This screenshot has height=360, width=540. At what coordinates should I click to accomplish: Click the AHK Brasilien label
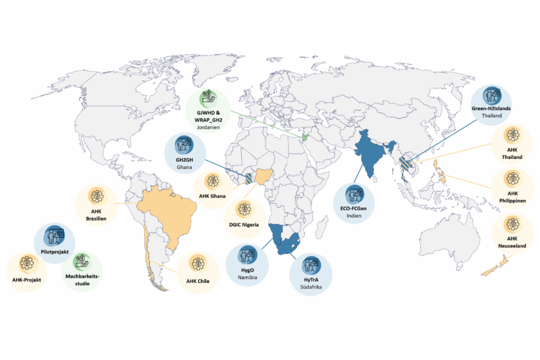(x=96, y=214)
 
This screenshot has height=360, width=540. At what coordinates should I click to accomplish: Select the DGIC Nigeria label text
(x=244, y=225)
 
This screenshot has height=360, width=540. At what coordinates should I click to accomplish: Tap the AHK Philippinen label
(x=512, y=196)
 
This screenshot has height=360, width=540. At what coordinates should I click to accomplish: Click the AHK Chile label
(x=199, y=280)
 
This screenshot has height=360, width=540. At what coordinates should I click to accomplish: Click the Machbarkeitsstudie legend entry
(x=82, y=279)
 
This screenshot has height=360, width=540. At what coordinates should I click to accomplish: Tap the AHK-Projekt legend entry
(x=27, y=280)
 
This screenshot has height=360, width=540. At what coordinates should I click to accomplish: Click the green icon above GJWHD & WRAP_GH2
(x=208, y=96)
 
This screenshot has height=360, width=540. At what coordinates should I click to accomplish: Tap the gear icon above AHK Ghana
(x=212, y=181)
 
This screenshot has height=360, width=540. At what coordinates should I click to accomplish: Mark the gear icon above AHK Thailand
(x=512, y=136)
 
